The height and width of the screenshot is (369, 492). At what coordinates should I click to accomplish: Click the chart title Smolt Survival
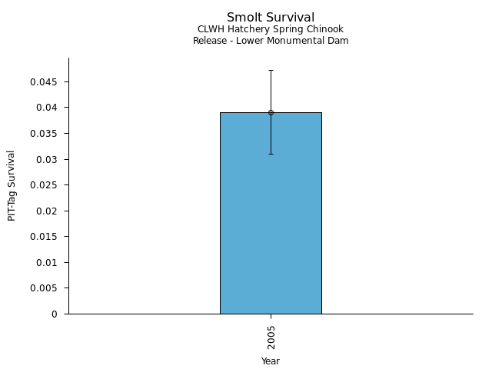click(x=271, y=18)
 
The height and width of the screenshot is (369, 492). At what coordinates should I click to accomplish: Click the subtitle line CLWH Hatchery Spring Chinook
click(x=271, y=29)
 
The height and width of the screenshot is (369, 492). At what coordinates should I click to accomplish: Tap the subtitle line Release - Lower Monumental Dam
click(x=271, y=41)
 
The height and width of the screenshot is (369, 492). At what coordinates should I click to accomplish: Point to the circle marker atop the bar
click(x=271, y=112)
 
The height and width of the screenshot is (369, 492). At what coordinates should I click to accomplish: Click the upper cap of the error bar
click(x=271, y=70)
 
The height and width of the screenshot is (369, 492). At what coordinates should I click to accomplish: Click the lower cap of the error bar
click(x=271, y=154)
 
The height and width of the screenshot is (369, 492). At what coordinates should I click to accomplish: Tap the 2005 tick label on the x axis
click(x=271, y=336)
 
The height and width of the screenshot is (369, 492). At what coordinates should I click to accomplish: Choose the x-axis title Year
click(x=271, y=361)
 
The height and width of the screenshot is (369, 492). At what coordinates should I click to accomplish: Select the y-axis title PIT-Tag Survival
click(x=12, y=185)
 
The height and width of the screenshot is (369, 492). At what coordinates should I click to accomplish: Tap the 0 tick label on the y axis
click(x=55, y=314)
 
